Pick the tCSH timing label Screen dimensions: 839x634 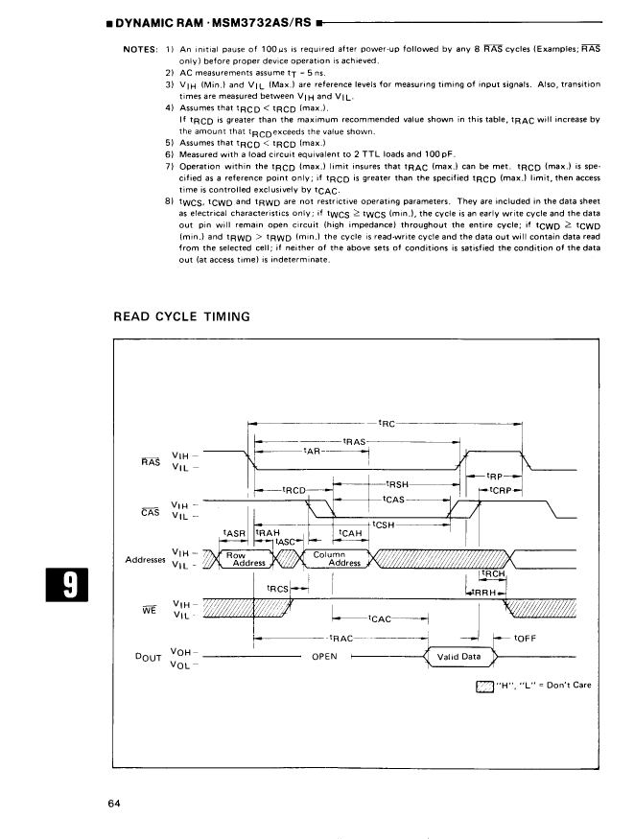[x=382, y=524]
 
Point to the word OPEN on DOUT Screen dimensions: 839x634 [x=325, y=658]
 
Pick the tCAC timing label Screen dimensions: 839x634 [x=382, y=619]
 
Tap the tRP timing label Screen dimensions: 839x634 [x=496, y=476]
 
